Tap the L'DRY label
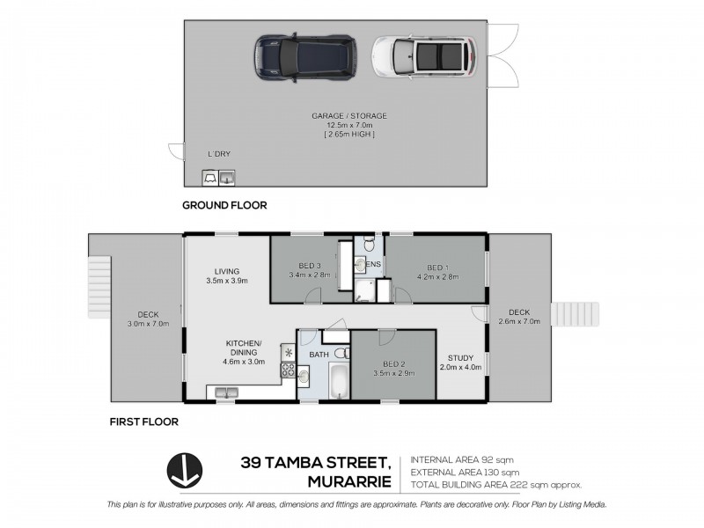pyautogui.click(x=219, y=154)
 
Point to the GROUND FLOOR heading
pyautogui.click(x=224, y=205)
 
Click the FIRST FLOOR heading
pyautogui.click(x=143, y=422)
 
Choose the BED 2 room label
pyautogui.click(x=393, y=364)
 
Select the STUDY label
pyautogui.click(x=460, y=357)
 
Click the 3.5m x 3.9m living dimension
pyautogui.click(x=226, y=282)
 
